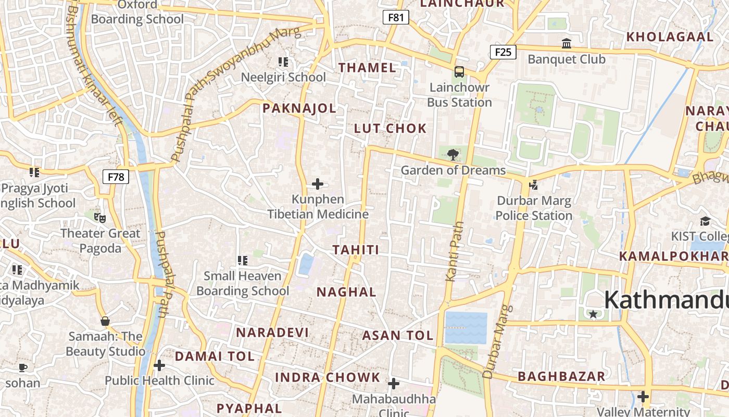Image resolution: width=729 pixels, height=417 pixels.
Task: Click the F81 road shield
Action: point(396,17)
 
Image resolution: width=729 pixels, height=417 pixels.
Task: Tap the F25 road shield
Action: point(503,52)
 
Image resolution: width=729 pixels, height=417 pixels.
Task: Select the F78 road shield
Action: point(116,177)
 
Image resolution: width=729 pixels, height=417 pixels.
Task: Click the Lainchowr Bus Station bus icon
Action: point(459,71)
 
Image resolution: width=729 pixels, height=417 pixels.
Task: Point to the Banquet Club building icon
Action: point(566,43)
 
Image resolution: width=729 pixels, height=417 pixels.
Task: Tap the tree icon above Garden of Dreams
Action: point(453,154)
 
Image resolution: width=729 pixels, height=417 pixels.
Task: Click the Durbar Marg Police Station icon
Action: point(533,184)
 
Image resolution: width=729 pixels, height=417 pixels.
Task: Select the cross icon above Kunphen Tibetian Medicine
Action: point(318,183)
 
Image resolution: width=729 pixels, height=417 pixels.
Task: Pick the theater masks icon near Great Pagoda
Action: point(99,217)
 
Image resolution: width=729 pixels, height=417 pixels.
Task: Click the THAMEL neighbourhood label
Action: point(368,68)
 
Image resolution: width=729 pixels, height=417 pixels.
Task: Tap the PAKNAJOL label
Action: point(299,108)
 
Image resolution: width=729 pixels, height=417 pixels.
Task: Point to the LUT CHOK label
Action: point(390,128)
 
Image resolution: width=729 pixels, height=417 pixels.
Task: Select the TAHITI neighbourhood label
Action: point(356,250)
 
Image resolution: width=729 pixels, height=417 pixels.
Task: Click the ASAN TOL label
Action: point(398,335)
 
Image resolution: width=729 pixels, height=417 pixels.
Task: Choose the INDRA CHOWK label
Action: point(328,377)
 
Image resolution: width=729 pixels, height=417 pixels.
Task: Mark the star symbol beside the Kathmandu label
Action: point(593,314)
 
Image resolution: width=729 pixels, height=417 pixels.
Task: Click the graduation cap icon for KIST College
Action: point(705,221)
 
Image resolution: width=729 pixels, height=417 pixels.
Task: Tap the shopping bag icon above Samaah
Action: point(105,321)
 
